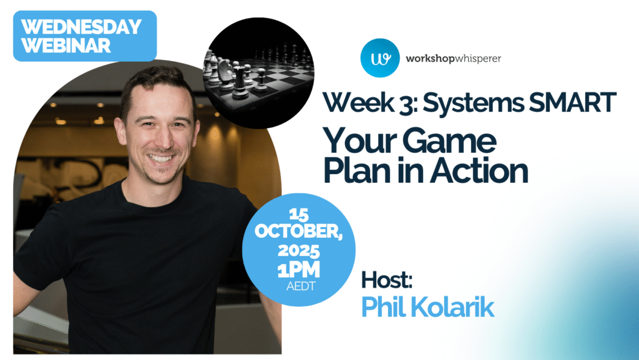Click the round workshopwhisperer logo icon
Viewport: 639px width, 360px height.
[x=379, y=58]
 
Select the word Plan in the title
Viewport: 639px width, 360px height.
[x=356, y=171]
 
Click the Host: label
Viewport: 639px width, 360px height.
[x=386, y=281]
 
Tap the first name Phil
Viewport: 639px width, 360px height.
[x=381, y=306]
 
